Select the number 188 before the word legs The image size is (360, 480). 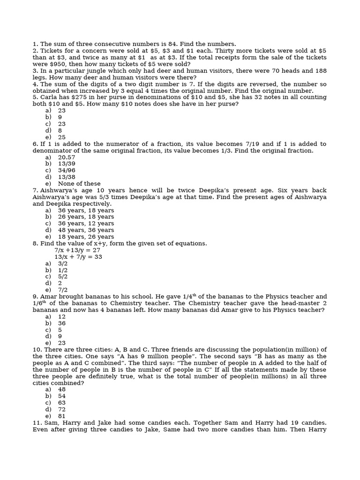tap(321, 71)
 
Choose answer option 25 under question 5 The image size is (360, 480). tap(62, 137)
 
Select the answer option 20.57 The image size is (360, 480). tap(67, 157)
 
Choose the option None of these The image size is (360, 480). tap(79, 184)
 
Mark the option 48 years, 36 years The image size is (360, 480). tap(86, 230)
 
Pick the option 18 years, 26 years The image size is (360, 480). tap(86, 237)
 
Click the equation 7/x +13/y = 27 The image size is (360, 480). tap(77, 250)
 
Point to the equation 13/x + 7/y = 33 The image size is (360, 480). tap(78, 257)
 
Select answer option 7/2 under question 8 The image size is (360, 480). tap(63, 290)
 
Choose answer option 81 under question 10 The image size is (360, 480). tap(62, 416)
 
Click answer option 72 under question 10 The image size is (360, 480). tap(62, 409)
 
